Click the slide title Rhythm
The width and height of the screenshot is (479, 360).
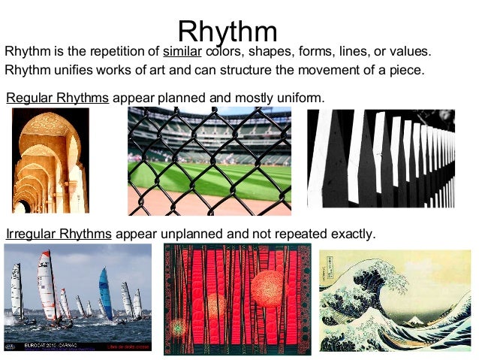point(227,32)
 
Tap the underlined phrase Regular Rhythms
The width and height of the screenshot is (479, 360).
point(58,98)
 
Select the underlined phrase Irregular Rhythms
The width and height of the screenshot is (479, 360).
point(59,234)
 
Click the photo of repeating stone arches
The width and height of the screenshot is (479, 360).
point(50,160)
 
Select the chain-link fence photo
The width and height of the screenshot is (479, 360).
point(209,160)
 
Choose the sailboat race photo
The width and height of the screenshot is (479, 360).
point(77,297)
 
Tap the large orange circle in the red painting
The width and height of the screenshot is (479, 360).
point(267,288)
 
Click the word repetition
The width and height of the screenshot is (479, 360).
point(116,52)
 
